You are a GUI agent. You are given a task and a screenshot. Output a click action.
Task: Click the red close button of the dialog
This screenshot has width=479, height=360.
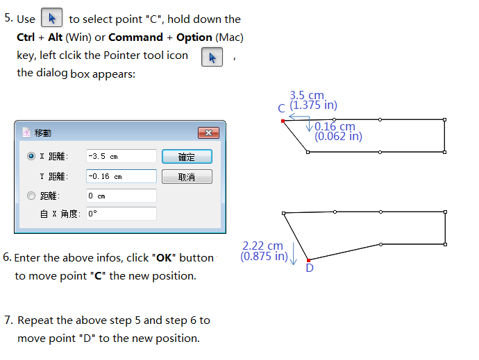209,132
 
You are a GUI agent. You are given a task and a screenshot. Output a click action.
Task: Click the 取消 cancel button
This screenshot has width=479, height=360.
187,176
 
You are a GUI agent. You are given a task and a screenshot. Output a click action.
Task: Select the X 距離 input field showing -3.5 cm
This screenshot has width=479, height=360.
121,156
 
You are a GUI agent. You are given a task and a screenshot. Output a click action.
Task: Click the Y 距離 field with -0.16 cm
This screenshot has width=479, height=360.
121,176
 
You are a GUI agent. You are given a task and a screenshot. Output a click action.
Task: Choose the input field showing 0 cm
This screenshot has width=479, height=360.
121,196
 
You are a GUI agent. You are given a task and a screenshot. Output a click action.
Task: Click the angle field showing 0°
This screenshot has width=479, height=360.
121,214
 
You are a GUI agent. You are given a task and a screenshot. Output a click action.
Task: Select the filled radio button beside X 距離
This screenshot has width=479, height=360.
31,156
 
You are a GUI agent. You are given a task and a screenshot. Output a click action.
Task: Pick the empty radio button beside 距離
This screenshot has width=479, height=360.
31,196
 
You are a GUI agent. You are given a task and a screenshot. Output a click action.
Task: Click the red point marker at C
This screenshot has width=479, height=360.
283,121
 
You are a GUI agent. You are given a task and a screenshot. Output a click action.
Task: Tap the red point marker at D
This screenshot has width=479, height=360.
308,260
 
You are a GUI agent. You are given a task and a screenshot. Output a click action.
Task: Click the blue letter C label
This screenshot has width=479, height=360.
281,108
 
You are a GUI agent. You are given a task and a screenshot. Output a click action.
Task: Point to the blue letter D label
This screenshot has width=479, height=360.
310,268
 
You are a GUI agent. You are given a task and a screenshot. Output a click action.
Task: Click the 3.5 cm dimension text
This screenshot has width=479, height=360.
307,95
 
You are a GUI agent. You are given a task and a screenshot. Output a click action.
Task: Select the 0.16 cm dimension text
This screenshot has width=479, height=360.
335,126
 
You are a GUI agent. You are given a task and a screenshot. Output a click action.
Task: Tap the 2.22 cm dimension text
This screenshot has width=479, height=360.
262,246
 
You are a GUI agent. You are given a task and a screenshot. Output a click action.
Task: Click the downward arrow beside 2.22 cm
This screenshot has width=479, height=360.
294,254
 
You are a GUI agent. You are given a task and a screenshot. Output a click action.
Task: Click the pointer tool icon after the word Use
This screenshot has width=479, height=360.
52,18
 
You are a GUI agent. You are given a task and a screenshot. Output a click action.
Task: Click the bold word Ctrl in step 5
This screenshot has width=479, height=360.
26,37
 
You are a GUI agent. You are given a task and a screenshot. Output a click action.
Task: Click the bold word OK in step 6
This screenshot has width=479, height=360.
164,258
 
